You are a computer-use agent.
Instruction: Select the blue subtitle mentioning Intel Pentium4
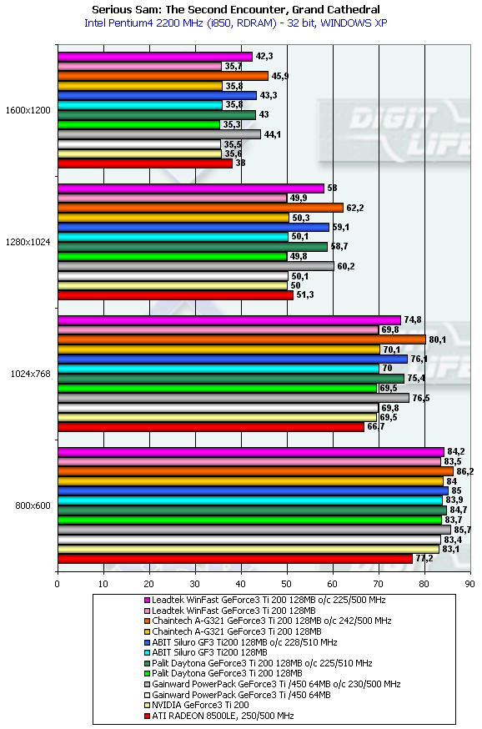(x=236, y=23)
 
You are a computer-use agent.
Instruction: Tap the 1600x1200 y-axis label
(x=28, y=111)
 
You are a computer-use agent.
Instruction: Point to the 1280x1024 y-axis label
(x=28, y=242)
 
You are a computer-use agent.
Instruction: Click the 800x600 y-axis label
(x=33, y=505)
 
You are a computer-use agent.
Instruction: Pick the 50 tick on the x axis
(x=287, y=584)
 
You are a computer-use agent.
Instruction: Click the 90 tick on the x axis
(x=470, y=584)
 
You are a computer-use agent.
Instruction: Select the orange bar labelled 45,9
(x=163, y=76)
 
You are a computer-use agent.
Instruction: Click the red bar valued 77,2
(x=235, y=559)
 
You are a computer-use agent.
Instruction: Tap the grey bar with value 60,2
(x=196, y=266)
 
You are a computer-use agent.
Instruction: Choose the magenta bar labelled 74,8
(x=229, y=319)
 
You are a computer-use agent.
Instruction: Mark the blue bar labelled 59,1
(x=193, y=228)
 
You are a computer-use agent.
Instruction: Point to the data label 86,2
(x=464, y=471)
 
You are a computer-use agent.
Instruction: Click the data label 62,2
(x=355, y=208)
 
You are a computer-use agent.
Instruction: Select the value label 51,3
(x=305, y=294)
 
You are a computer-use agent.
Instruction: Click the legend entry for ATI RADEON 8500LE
(x=223, y=716)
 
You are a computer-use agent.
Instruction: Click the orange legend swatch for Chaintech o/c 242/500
(x=148, y=621)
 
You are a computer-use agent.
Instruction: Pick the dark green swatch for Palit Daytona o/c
(x=148, y=663)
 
